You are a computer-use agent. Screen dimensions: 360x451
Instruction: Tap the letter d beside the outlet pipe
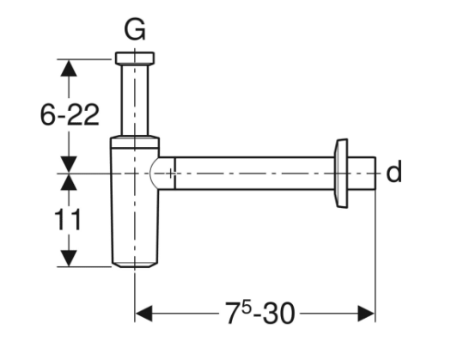[x=393, y=173]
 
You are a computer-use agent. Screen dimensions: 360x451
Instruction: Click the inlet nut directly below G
[x=135, y=59]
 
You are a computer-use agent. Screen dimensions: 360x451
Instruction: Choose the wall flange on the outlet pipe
[x=342, y=172]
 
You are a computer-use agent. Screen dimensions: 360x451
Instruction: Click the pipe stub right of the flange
[x=364, y=173]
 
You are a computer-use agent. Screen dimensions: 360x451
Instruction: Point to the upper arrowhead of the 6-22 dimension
[x=70, y=67]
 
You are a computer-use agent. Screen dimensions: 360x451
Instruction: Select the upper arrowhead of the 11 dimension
[x=70, y=183]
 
